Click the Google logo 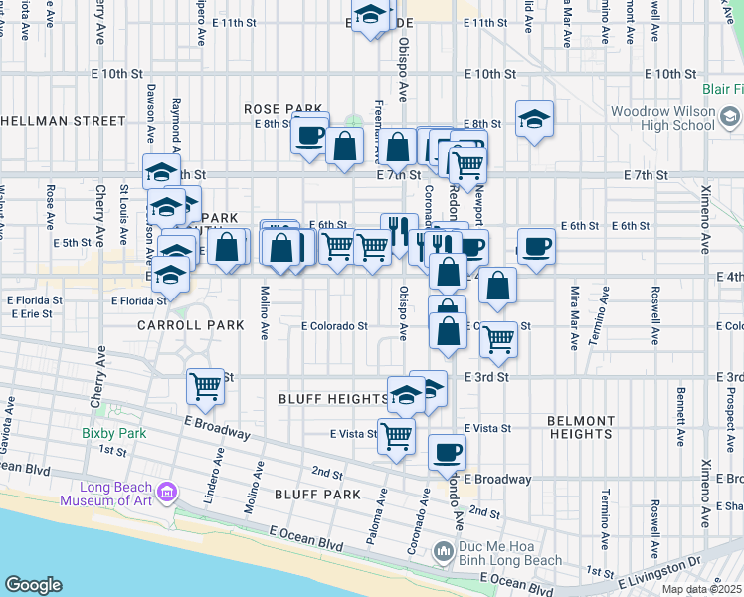[33, 585]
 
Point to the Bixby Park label [114, 433]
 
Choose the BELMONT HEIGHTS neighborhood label [580, 427]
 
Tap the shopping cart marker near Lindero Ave [206, 385]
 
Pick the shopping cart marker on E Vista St [396, 435]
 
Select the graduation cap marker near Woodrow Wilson [535, 119]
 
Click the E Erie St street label [31, 313]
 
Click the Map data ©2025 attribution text [700, 589]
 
